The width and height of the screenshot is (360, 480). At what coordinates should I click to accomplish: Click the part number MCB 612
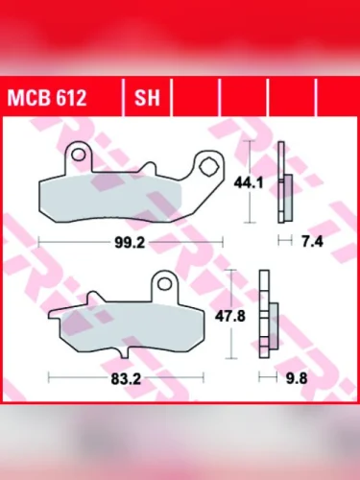[x=47, y=98]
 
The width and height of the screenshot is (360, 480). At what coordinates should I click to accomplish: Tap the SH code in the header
[x=147, y=98]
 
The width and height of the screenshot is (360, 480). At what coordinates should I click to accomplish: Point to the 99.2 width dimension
[x=128, y=244]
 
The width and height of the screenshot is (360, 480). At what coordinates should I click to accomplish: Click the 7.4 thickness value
[x=311, y=244]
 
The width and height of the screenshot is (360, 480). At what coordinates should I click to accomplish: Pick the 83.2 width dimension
[x=127, y=378]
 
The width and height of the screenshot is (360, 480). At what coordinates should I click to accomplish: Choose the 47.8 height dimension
[x=251, y=315]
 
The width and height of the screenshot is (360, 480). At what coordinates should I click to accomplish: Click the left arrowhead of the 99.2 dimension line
[x=41, y=244]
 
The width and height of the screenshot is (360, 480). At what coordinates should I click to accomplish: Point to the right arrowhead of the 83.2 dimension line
[x=201, y=378]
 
